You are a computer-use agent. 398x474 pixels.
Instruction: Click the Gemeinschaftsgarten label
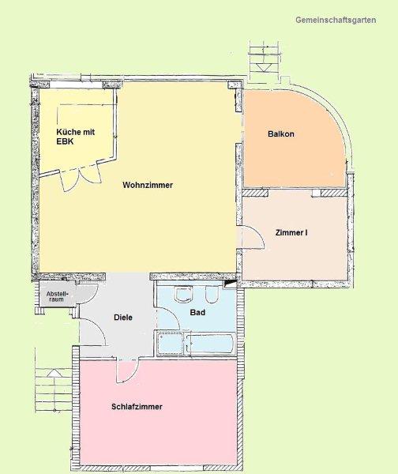pos(336,21)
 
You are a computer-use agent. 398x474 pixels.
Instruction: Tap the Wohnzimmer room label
pos(148,185)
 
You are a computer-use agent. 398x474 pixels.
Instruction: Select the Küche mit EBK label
pos(76,137)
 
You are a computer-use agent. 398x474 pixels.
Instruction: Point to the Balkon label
pos(281,134)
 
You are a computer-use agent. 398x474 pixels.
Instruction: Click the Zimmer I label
pos(291,233)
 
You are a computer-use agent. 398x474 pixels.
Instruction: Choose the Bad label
pos(197,312)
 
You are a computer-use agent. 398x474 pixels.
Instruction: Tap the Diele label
pos(123,318)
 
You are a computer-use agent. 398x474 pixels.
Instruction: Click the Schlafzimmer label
pos(137,407)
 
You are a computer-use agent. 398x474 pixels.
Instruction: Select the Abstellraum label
pos(57,296)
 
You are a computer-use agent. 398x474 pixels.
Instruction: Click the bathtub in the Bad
pos(210,343)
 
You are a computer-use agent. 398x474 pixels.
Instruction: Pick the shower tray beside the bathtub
pos(171,343)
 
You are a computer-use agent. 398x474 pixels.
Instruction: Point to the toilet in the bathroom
pos(212,294)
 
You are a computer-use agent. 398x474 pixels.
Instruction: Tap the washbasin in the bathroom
pos(184,294)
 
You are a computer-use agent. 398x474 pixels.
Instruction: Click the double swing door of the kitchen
pos(81,179)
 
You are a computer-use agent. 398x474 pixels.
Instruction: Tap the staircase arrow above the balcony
pos(261,67)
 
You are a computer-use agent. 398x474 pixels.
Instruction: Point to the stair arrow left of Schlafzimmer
pos(54,373)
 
